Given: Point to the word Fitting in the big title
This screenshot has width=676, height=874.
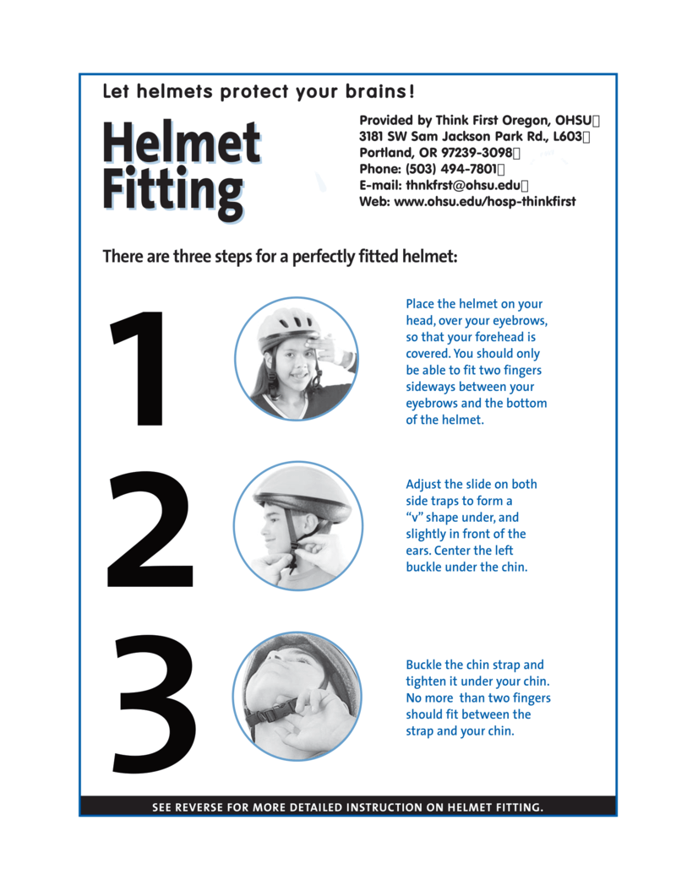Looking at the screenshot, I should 172,192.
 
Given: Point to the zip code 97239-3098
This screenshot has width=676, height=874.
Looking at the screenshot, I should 476,153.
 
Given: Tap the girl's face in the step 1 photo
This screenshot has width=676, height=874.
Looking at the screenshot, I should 294,365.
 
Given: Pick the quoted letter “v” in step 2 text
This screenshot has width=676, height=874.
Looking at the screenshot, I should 416,518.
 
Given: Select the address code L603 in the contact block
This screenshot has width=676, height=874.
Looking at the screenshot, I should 568,137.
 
